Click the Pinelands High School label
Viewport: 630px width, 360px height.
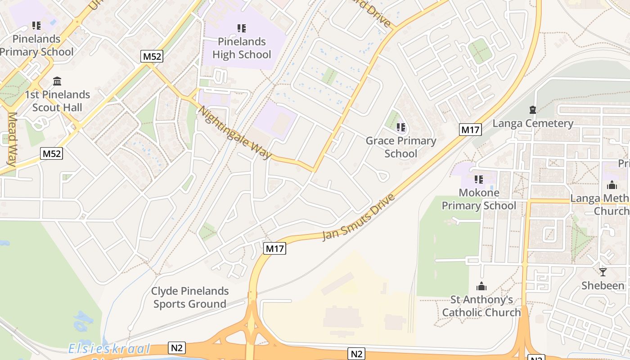click(x=242, y=48)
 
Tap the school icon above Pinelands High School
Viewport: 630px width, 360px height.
click(x=242, y=28)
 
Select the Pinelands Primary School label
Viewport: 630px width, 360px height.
click(x=36, y=45)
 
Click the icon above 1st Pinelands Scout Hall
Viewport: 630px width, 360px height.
click(x=57, y=81)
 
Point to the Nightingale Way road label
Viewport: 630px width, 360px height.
click(x=234, y=133)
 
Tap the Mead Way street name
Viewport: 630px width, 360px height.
click(x=12, y=139)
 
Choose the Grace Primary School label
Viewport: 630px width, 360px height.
click(x=400, y=147)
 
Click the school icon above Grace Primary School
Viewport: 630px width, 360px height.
click(x=400, y=127)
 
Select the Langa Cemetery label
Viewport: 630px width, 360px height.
click(x=533, y=123)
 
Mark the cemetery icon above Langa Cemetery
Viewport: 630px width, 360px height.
click(x=533, y=110)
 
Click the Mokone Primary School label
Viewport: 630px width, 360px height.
click(x=479, y=199)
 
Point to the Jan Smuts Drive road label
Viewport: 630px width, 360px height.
click(x=359, y=217)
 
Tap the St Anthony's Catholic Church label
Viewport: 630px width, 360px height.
click(x=481, y=306)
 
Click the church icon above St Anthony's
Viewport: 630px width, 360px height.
click(x=481, y=286)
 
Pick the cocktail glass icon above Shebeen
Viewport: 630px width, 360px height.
click(x=603, y=272)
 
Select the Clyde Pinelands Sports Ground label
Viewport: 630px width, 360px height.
click(x=189, y=297)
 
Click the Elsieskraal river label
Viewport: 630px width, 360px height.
click(x=109, y=349)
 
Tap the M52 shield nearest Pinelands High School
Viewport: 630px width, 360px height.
click(x=152, y=56)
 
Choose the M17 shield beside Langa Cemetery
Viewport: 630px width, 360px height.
click(x=471, y=130)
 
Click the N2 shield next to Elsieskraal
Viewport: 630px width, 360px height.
click(x=176, y=347)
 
